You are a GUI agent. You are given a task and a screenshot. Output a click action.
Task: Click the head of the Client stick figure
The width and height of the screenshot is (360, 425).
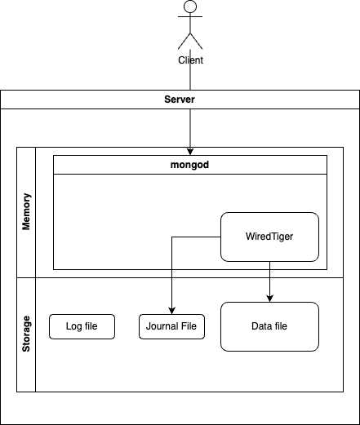[190, 7]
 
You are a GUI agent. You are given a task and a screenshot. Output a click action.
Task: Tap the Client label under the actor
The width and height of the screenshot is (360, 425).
[190, 60]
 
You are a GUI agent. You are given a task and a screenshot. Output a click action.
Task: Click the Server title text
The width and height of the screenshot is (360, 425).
[180, 100]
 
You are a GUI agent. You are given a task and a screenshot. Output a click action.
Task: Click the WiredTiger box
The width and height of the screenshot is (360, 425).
[270, 237]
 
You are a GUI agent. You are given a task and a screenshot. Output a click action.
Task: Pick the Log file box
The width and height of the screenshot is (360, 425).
[81, 327]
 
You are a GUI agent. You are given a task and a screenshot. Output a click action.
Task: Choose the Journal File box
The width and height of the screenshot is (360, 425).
[171, 327]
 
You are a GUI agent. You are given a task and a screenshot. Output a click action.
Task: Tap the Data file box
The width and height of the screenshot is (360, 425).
[270, 326]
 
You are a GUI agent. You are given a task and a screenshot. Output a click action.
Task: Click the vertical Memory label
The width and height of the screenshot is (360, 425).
[26, 212]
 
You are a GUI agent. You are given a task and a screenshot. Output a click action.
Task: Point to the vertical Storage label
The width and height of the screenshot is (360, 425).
[26, 334]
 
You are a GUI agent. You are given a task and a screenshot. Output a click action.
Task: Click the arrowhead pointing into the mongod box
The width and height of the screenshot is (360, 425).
[190, 151]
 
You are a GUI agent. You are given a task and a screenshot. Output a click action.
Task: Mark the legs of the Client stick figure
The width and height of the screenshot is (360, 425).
[190, 42]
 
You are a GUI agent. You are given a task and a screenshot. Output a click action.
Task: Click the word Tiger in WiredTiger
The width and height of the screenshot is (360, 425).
[282, 237]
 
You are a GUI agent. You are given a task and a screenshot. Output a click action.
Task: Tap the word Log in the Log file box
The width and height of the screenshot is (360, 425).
[73, 327]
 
